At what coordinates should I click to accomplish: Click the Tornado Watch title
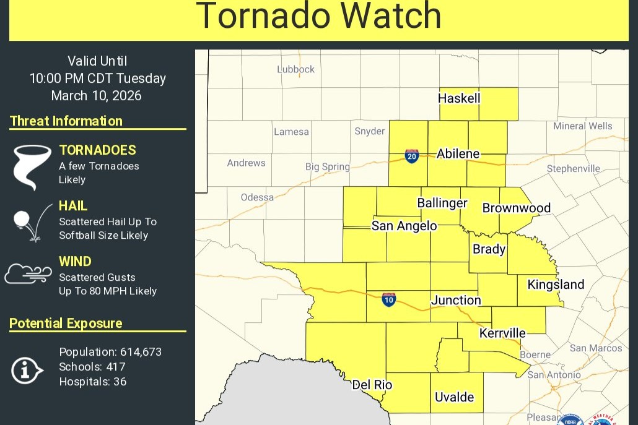pyautogui.click(x=318, y=16)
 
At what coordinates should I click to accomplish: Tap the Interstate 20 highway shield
pyautogui.click(x=412, y=156)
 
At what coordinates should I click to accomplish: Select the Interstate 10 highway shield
pyautogui.click(x=388, y=300)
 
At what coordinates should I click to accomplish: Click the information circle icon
pyautogui.click(x=27, y=370)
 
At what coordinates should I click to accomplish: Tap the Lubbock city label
pyautogui.click(x=295, y=69)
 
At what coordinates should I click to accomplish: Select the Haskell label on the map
pyautogui.click(x=459, y=98)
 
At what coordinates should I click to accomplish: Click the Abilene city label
pyautogui.click(x=458, y=153)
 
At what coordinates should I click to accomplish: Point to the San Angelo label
pyautogui.click(x=404, y=226)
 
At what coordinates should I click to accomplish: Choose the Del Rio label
pyautogui.click(x=372, y=385)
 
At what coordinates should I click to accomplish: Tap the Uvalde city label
pyautogui.click(x=454, y=397)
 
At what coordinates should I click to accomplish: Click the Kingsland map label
pyautogui.click(x=556, y=284)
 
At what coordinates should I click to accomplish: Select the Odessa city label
pyautogui.click(x=257, y=197)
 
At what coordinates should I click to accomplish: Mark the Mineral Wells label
pyautogui.click(x=582, y=126)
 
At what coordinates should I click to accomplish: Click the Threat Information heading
pyautogui.click(x=66, y=121)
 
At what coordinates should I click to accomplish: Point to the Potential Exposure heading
pyautogui.click(x=66, y=323)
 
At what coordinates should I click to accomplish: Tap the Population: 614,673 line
pyautogui.click(x=110, y=352)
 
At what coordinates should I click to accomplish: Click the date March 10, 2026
pyautogui.click(x=96, y=95)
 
